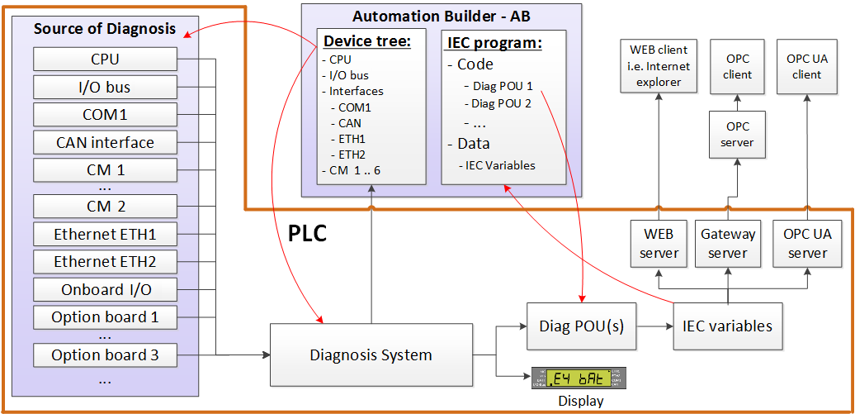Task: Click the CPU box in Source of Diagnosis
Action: tap(105, 59)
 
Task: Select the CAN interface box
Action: tap(105, 142)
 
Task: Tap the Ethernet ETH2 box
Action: tap(105, 262)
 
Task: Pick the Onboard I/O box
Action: tap(105, 290)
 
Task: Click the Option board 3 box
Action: tap(105, 355)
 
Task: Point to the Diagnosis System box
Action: tap(371, 355)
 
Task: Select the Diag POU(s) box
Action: tap(576, 326)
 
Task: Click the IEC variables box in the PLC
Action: tap(727, 326)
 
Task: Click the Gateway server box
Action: tap(728, 244)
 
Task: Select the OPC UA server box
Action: tap(807, 244)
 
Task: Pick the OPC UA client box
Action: tap(807, 67)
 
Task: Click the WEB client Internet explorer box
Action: tap(659, 66)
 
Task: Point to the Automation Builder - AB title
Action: tap(441, 16)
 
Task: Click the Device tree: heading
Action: tap(367, 41)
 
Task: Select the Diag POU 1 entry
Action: tap(503, 85)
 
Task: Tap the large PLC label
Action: tap(307, 233)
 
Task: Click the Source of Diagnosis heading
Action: tap(105, 29)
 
